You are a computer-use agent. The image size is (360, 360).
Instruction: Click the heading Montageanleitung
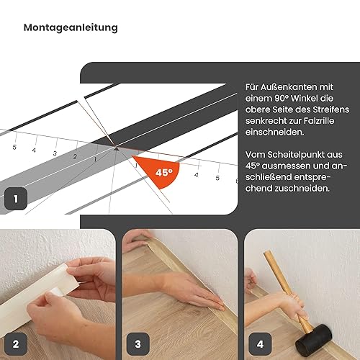(71, 28)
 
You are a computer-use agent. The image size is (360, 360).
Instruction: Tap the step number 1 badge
(16, 199)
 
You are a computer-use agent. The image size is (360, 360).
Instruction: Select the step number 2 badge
(16, 344)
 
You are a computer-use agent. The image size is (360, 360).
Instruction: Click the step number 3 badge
(138, 344)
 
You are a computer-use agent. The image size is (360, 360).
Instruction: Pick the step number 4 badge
(260, 344)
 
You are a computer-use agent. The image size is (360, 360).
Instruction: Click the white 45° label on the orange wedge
(164, 172)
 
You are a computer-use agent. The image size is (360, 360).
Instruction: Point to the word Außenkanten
(289, 87)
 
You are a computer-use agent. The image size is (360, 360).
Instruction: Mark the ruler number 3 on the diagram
(55, 153)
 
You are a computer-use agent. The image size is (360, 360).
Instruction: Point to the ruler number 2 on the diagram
(75, 156)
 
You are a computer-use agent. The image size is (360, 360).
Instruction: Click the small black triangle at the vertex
(117, 149)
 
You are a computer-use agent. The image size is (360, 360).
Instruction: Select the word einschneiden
(274, 132)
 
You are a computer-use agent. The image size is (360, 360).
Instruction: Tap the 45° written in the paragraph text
(252, 166)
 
